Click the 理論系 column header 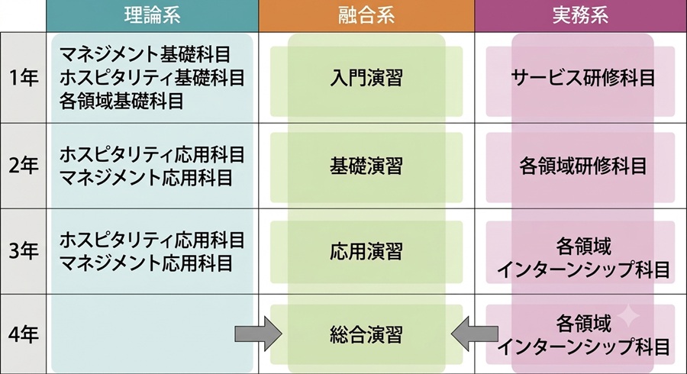pyautogui.click(x=152, y=15)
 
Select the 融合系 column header pyautogui.click(x=366, y=15)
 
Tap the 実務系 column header pyautogui.click(x=580, y=15)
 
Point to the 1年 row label pyautogui.click(x=23, y=78)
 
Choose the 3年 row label pyautogui.click(x=23, y=251)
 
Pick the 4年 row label pyautogui.click(x=23, y=334)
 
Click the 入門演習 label pyautogui.click(x=366, y=79)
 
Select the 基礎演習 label pyautogui.click(x=366, y=166)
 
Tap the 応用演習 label pyautogui.click(x=366, y=252)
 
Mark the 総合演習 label pyautogui.click(x=366, y=335)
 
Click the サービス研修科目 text pyautogui.click(x=583, y=79)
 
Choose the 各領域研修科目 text pyautogui.click(x=583, y=166)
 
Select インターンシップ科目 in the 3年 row pyautogui.click(x=583, y=269)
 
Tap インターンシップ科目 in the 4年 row pyautogui.click(x=583, y=347)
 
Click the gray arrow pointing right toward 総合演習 pyautogui.click(x=258, y=334)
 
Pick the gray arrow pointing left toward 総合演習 pyautogui.click(x=475, y=334)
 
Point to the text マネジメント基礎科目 pyautogui.click(x=145, y=55)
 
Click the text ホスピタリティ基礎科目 pyautogui.click(x=152, y=78)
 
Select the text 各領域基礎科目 pyautogui.click(x=121, y=102)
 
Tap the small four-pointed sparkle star pyautogui.click(x=628, y=316)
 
